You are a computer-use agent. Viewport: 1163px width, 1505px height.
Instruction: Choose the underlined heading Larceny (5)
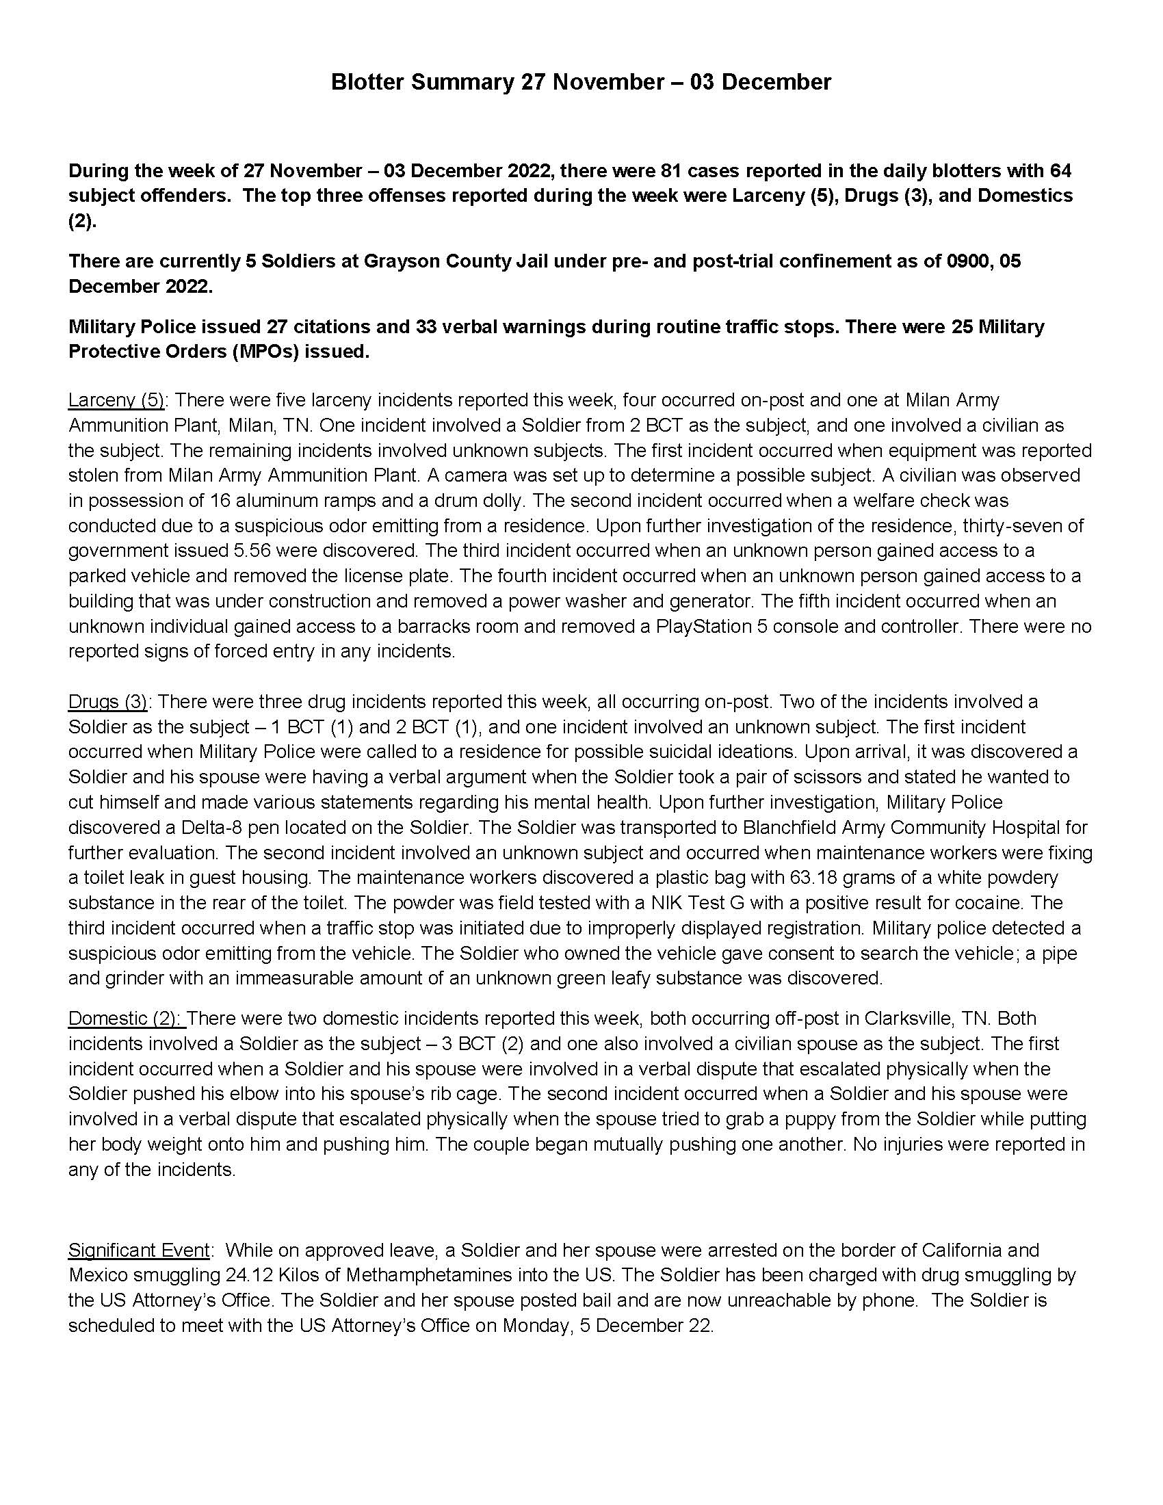pos(116,400)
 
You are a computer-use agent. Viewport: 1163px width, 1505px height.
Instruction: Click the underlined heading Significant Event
pos(138,1250)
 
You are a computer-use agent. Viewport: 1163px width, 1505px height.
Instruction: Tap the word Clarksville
pos(915,1019)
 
